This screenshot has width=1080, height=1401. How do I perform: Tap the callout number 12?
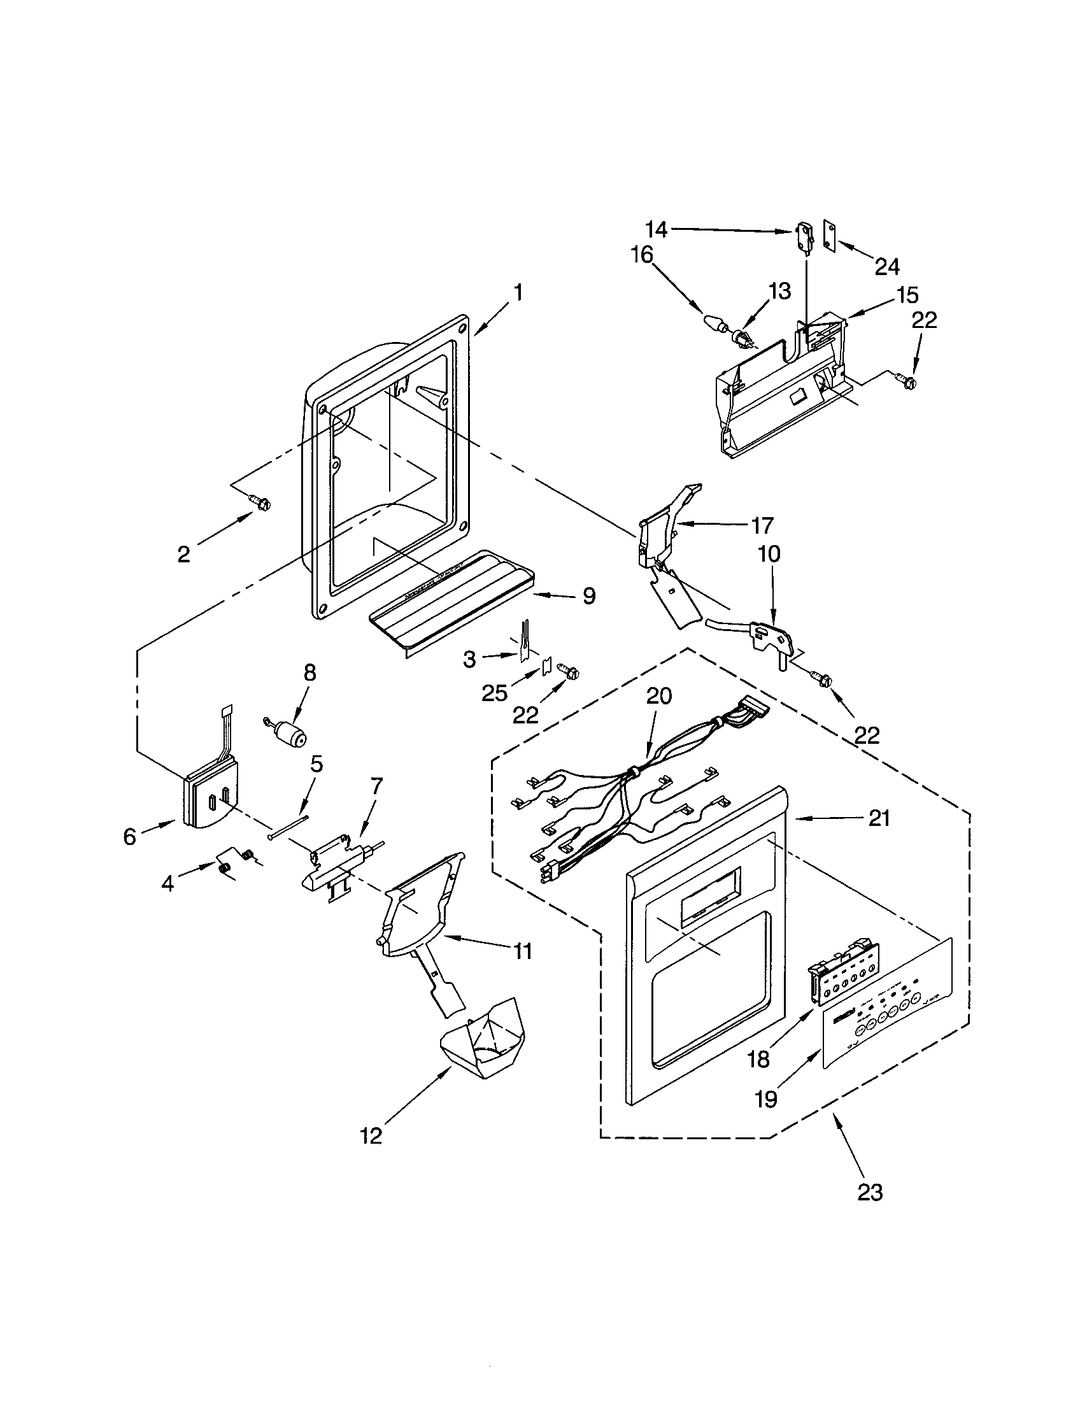(x=371, y=1136)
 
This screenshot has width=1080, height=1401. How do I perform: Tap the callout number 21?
(x=879, y=818)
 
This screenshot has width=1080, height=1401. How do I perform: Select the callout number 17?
(x=762, y=525)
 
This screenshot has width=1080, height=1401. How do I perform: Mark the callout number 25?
(x=494, y=693)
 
